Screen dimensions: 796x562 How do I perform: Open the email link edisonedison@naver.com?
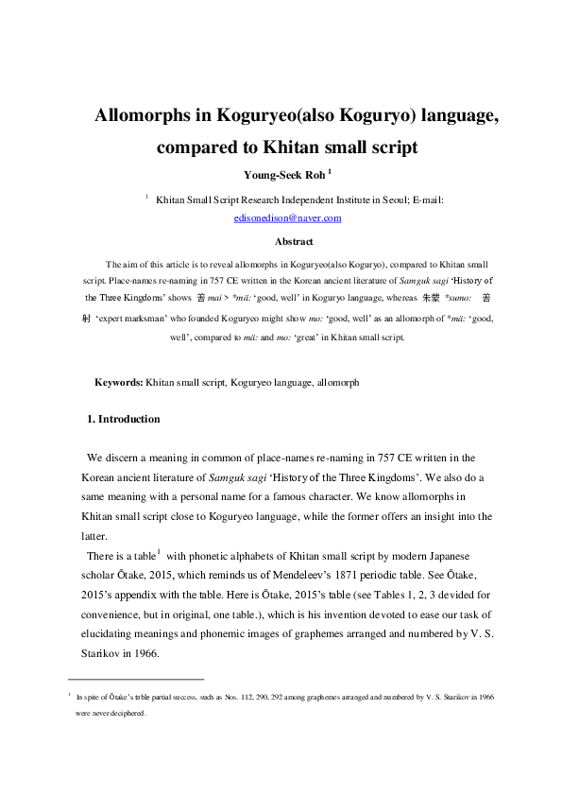287,217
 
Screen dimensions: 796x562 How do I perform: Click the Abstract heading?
287,241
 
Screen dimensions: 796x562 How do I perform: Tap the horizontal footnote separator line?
137,679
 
